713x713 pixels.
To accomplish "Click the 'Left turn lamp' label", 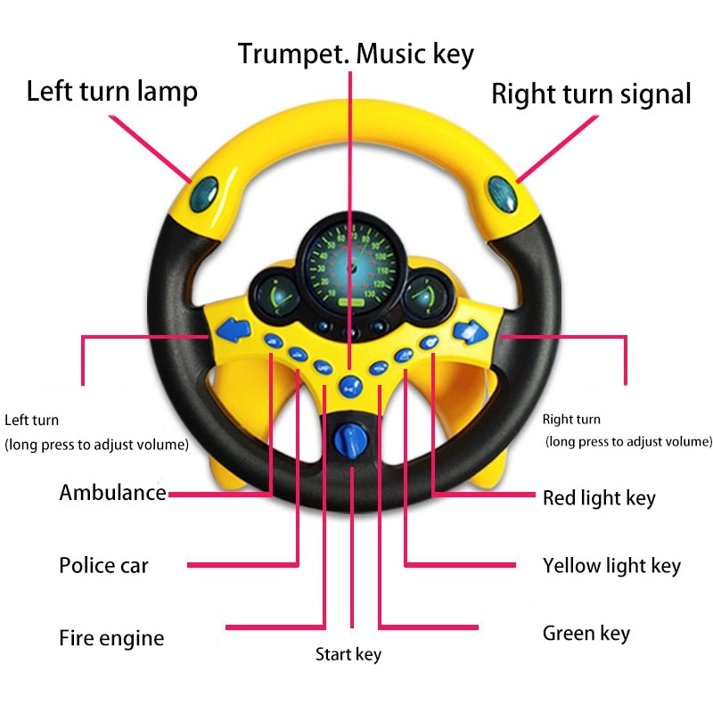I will [x=111, y=92].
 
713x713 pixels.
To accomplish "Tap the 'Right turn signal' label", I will [x=591, y=94].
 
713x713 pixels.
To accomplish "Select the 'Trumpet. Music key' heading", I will [x=356, y=53].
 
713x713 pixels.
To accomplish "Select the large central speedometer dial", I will [x=350, y=263].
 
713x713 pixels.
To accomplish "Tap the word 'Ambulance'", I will [x=112, y=492].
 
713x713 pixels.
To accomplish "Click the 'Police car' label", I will [x=103, y=565].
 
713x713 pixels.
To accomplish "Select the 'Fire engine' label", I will [x=111, y=638].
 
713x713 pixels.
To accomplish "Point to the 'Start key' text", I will [x=348, y=655].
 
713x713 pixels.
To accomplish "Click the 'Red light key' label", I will [x=599, y=497].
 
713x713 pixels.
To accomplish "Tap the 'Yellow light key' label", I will [x=611, y=565].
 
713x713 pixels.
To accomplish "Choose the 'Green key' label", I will [x=586, y=634].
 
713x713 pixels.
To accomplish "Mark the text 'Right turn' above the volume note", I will [x=571, y=419].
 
